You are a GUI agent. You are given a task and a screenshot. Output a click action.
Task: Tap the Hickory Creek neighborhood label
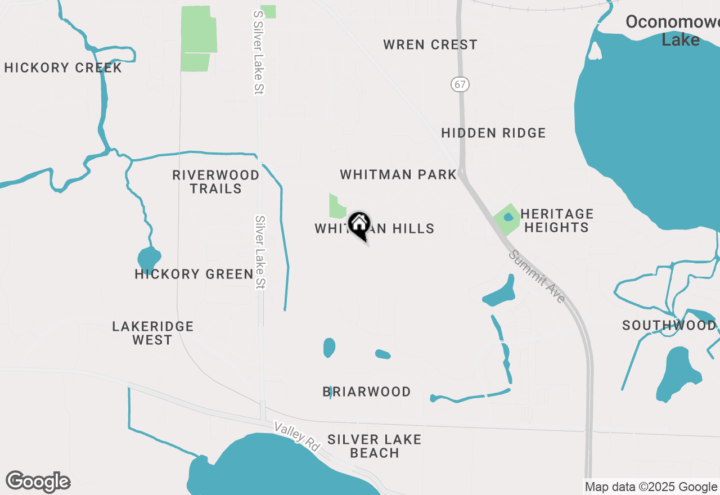point(63,68)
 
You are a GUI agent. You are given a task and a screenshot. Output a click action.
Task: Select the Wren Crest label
point(430,44)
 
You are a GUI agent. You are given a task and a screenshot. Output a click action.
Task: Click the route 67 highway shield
point(460,84)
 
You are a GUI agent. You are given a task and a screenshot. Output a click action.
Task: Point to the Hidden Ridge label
point(493,133)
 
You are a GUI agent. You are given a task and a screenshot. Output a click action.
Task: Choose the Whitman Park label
point(398,174)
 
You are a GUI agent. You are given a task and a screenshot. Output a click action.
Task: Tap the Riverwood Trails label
point(216,182)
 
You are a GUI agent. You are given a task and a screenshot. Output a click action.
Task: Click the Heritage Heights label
point(556,220)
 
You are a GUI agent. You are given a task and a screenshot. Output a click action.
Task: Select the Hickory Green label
point(194,274)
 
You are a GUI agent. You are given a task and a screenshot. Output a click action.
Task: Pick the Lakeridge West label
point(152,333)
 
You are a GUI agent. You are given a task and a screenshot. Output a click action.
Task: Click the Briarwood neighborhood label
point(367,391)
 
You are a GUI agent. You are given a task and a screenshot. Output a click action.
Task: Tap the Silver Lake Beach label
point(374,445)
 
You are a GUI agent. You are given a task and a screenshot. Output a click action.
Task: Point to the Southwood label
point(669,325)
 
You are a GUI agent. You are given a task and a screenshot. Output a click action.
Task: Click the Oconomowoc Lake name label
point(672,31)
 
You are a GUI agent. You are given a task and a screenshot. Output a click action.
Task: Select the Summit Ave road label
point(537,276)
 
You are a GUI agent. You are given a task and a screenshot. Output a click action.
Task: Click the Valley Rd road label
point(297,436)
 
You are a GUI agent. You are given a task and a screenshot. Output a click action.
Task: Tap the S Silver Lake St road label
point(259,52)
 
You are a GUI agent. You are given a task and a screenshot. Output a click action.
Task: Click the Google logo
point(38,481)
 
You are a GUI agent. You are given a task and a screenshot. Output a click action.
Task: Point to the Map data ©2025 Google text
point(651,487)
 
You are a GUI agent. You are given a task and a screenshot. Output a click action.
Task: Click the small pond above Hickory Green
point(148,258)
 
